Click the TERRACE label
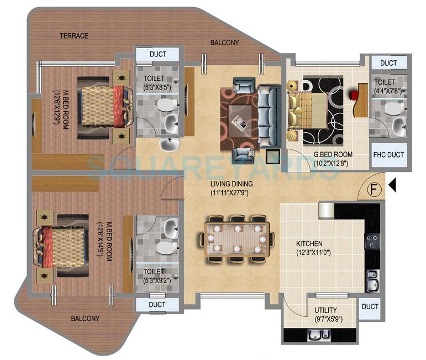tap(74, 36)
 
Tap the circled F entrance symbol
tap(375, 190)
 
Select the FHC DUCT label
tap(388, 155)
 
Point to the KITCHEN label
tap(309, 243)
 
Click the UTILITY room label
tap(326, 310)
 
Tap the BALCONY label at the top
tap(225, 43)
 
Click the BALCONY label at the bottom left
tap(85, 319)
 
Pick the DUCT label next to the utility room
tap(370, 307)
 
